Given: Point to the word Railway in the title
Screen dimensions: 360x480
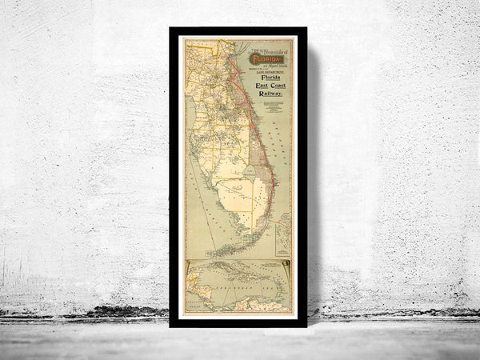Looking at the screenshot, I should (270, 98).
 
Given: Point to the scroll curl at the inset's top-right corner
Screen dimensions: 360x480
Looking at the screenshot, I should (286, 262).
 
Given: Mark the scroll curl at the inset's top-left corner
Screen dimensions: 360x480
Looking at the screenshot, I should (188, 264).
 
